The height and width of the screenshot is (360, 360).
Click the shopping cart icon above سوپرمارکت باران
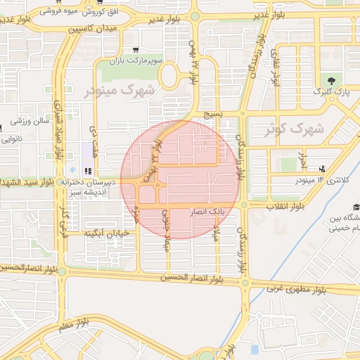(x=134, y=49)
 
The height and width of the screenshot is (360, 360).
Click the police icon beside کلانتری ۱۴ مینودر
(x=322, y=168)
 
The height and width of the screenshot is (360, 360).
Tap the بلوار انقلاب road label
(x=285, y=206)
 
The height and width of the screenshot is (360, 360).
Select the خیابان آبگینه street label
(x=105, y=233)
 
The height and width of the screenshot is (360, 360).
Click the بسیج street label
(x=212, y=113)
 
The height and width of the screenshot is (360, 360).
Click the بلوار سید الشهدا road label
(x=29, y=183)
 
